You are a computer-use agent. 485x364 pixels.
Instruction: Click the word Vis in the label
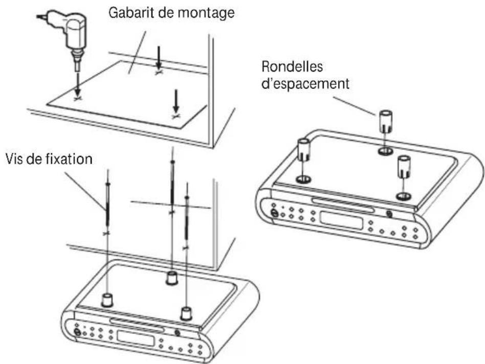pyautogui.click(x=15, y=159)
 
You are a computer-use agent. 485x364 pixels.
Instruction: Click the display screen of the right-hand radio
pyautogui.click(x=340, y=217)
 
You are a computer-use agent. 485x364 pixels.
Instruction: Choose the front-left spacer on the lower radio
pyautogui.click(x=107, y=300)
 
